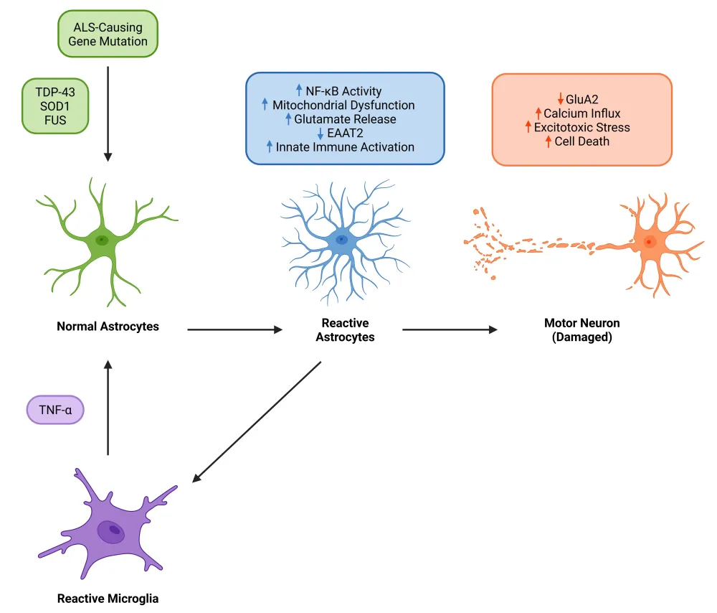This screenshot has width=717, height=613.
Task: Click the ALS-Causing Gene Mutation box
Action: coord(108,34)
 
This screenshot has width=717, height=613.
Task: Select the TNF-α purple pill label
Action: coord(55,410)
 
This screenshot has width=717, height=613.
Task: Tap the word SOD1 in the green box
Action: coord(55,106)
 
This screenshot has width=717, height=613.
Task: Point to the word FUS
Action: coord(55,121)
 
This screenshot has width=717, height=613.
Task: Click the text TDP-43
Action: coord(55,92)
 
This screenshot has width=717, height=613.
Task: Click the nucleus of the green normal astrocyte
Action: coord(102,240)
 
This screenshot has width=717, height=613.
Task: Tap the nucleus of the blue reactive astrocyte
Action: coord(341,240)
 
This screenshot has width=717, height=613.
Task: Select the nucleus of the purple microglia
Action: coord(111,531)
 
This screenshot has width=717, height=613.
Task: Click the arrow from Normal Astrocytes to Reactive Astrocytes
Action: coord(235,329)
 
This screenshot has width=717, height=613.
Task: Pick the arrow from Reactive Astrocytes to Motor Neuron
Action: coord(450,329)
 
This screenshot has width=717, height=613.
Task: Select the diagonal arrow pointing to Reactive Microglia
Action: coord(257,422)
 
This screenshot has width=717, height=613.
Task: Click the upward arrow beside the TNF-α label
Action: coord(108,408)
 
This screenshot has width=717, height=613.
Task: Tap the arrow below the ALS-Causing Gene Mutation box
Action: coord(108,114)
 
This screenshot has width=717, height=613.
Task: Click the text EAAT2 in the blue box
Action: coord(346,134)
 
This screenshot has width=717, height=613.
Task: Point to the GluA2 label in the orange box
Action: coord(581,99)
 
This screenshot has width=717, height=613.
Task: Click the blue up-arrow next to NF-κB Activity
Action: coord(299,90)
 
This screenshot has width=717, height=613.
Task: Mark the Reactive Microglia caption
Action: coord(108,599)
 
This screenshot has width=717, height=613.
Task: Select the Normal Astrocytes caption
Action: coord(108,327)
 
